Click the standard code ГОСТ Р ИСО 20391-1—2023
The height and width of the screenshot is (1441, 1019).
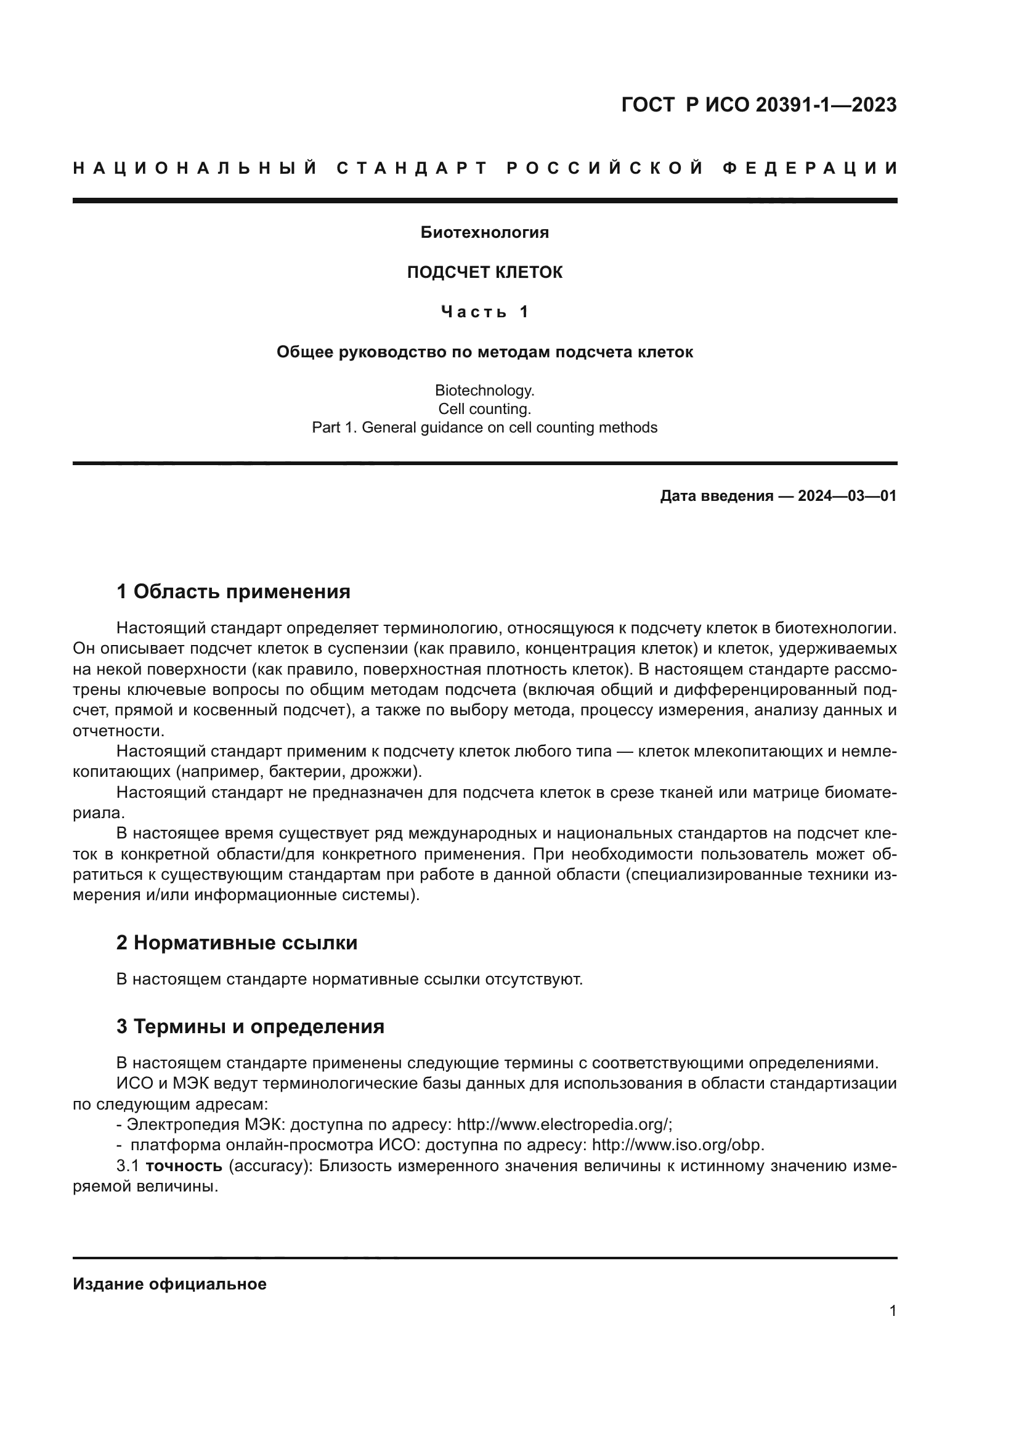[758, 105]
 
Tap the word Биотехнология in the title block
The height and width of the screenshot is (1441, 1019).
[484, 233]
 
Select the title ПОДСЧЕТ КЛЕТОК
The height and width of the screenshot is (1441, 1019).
[484, 272]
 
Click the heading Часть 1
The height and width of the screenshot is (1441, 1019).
[484, 312]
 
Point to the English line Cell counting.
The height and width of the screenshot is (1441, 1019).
[484, 409]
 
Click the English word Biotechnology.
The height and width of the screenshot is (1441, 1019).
[484, 391]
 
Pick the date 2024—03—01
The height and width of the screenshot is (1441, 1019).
[846, 497]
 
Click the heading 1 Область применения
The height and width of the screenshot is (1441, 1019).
[233, 591]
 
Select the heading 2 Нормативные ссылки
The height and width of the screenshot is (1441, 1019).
[237, 943]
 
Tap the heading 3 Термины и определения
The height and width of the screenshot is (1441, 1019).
[250, 1027]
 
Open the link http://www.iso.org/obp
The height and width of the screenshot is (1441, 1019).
[678, 1145]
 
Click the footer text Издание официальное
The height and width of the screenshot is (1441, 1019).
[169, 1284]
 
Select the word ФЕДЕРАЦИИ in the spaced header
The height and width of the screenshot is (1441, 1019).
[810, 168]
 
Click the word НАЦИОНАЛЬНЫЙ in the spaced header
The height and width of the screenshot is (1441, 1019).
[195, 168]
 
